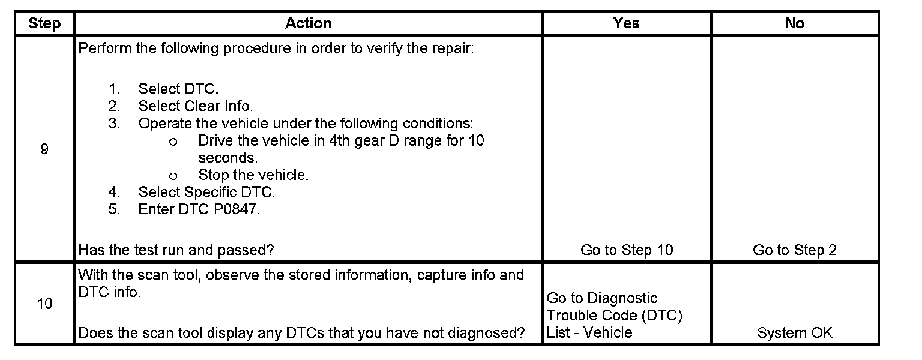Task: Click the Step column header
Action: coord(44,23)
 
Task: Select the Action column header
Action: coord(308,23)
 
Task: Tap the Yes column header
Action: coord(626,23)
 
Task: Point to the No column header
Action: coord(794,23)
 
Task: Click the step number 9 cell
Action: coord(44,149)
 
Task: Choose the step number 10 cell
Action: coord(44,304)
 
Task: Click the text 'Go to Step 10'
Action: coord(627,250)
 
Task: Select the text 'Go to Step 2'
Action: coord(794,250)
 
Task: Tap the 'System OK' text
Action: coord(794,332)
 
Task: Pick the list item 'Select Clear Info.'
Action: coord(196,106)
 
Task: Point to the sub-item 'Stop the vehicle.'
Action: coord(253,175)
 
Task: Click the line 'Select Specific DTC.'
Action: coord(206,192)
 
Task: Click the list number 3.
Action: coord(114,124)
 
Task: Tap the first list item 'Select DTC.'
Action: coord(178,89)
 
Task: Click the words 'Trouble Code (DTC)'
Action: coord(615,315)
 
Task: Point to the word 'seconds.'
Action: coord(227,158)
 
